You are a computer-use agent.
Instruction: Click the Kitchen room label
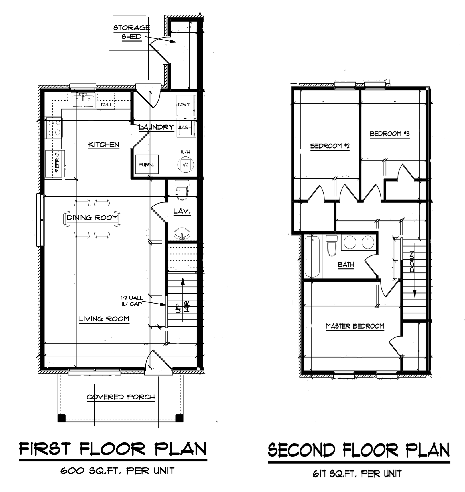point(103,144)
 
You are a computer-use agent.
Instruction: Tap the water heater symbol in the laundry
point(186,164)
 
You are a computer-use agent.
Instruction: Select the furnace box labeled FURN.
point(147,164)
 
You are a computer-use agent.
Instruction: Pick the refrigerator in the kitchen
point(55,164)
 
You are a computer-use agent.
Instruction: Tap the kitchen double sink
point(83,100)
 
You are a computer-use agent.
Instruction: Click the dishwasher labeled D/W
point(106,104)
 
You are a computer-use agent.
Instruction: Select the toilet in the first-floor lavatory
point(182,189)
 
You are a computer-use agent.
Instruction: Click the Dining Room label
point(92,218)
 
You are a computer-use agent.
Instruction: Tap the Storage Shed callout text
point(131,32)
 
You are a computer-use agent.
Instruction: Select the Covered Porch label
point(121,397)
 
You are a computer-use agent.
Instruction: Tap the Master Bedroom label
point(355,326)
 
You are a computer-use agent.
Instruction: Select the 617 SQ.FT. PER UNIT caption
point(357,474)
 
